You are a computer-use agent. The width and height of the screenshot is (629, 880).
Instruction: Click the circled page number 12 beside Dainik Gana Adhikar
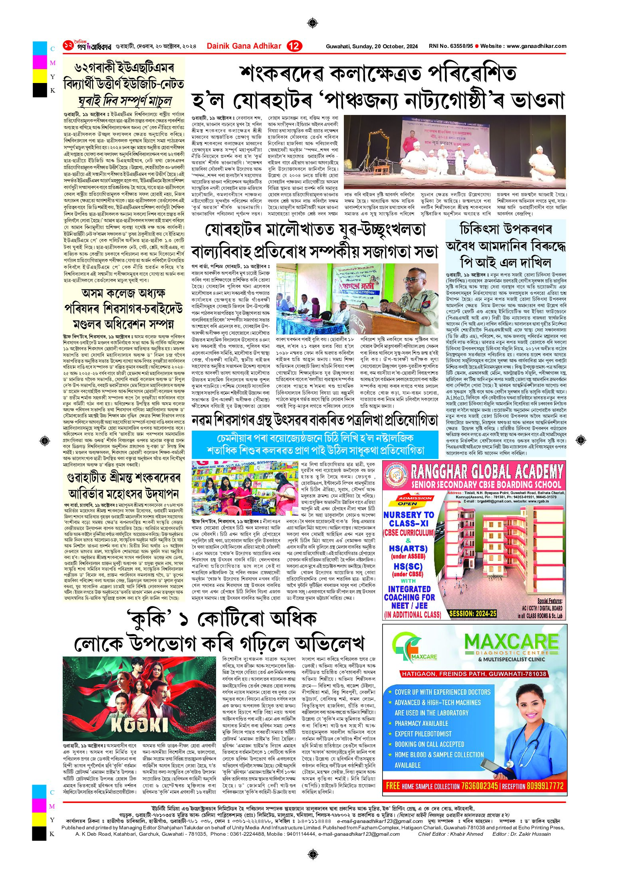295,46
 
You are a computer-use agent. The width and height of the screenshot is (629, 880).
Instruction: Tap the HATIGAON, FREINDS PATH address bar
474,674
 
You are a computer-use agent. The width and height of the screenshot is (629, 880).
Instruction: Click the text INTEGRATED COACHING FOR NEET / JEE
409,597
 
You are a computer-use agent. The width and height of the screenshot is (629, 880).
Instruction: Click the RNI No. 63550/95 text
450,46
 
